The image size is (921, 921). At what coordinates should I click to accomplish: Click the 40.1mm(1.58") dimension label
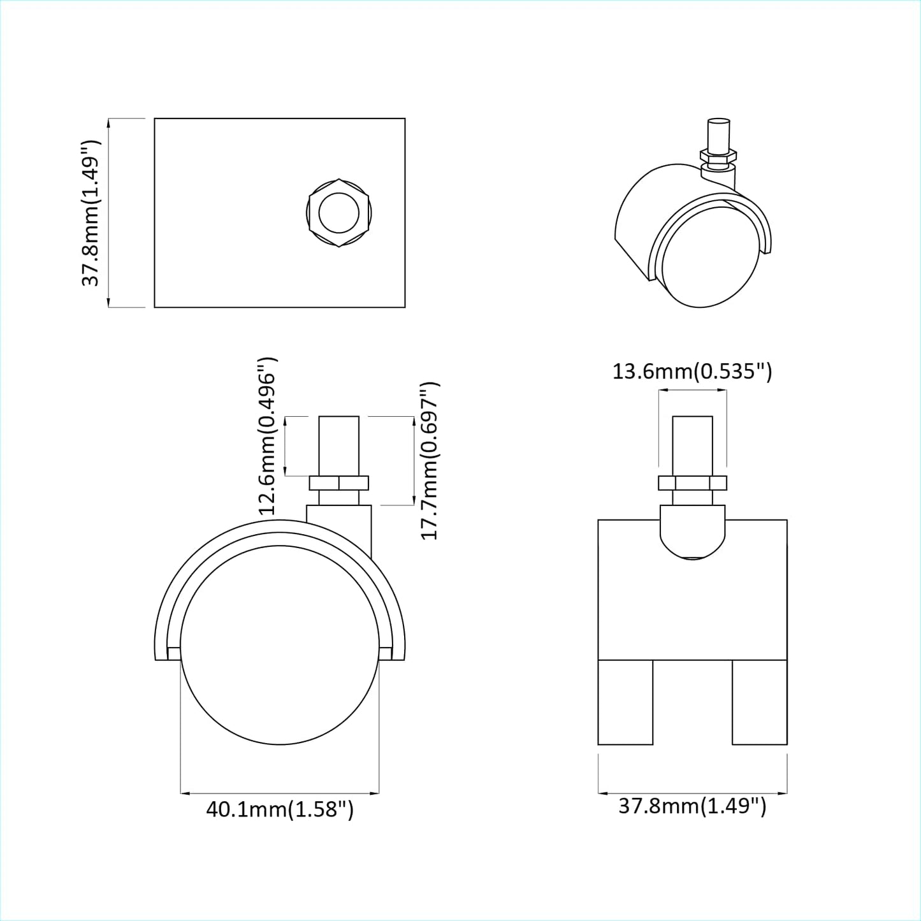[x=280, y=809]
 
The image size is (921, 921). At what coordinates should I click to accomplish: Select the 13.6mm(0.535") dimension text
[x=692, y=371]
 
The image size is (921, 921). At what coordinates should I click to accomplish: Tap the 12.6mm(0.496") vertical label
[x=267, y=436]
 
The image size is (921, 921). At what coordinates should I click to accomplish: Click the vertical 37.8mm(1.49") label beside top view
[x=91, y=213]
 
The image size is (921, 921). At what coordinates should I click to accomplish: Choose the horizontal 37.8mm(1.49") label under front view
[x=692, y=806]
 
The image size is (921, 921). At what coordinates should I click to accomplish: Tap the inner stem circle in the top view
[x=339, y=213]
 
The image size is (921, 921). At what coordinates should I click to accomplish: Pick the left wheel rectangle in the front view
[x=625, y=702]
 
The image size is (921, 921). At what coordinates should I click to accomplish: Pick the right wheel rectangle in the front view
[x=759, y=702]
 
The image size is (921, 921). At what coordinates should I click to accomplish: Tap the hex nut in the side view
[x=339, y=483]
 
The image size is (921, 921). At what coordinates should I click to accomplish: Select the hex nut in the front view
[x=692, y=482]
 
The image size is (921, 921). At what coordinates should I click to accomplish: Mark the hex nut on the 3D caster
[x=718, y=155]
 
